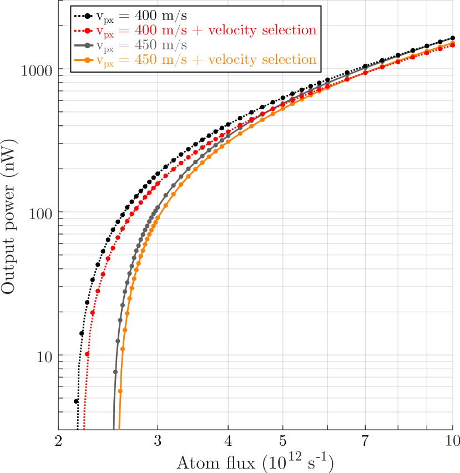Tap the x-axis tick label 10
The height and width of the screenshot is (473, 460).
tap(452, 441)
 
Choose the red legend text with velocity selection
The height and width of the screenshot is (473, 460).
tap(206, 29)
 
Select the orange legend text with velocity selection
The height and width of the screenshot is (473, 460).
tap(206, 59)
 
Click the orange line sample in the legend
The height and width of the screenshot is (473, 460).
tap(84, 59)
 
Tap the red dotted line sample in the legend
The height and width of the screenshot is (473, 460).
tap(84, 29)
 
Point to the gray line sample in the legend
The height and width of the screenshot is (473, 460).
tap(84, 44)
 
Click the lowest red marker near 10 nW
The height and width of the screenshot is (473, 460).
tap(87, 354)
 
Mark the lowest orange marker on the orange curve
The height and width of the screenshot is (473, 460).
tap(120, 391)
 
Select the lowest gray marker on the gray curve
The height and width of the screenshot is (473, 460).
tap(115, 372)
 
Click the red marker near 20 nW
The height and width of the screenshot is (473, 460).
tap(93, 313)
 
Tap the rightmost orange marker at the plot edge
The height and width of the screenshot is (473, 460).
tap(453, 43)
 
